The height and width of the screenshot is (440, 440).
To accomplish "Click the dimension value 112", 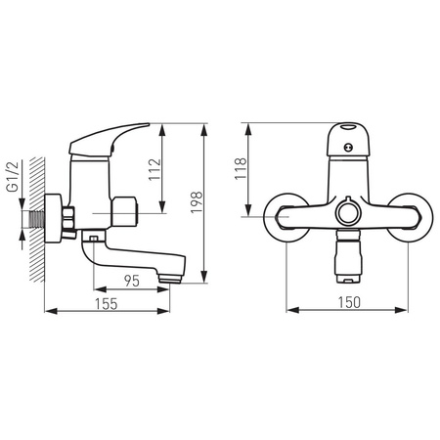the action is pos(154,169).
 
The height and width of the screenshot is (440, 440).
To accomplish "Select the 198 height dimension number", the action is pos(197,202).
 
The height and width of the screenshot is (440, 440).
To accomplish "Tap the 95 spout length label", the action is pos(132,281).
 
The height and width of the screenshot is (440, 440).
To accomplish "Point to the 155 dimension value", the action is pos(107,304).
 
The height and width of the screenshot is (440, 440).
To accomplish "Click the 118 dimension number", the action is pos(241,168).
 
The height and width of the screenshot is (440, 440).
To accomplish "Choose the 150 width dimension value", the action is pos(349,302).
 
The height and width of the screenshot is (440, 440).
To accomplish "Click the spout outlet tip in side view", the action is pos(170,279).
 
